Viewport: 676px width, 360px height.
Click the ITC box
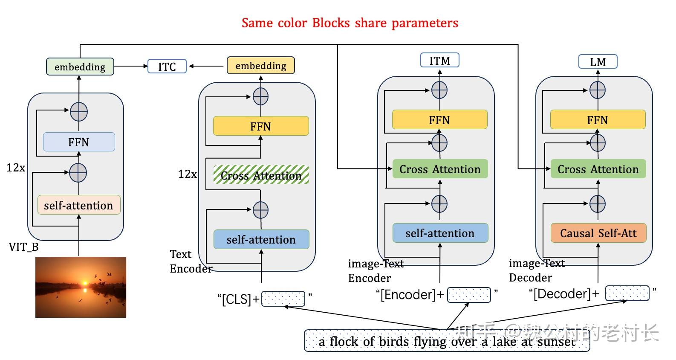tap(167, 67)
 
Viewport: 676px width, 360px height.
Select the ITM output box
tap(439, 61)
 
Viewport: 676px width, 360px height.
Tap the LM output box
tap(598, 62)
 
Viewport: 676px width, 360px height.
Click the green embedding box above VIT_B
tap(80, 67)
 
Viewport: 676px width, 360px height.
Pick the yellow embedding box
tap(260, 66)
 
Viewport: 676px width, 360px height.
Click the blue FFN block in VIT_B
tap(79, 142)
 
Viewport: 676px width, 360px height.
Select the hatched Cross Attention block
tap(261, 175)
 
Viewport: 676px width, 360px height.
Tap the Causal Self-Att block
tap(598, 233)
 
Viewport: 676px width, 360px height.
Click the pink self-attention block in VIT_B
tap(79, 205)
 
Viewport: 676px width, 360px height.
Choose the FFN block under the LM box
tap(598, 120)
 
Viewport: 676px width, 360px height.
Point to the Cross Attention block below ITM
tap(439, 169)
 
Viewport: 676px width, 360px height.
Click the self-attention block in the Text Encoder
tap(261, 239)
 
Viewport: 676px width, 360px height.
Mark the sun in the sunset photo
tap(84, 283)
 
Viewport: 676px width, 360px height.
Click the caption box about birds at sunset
tap(447, 341)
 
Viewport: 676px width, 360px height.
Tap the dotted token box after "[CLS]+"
tap(283, 299)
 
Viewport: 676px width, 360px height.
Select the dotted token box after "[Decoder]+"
tap(627, 293)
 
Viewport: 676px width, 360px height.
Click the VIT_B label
tap(23, 247)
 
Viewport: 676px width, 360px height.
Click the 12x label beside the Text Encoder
tap(187, 174)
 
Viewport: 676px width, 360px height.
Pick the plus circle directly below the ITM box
tap(439, 90)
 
